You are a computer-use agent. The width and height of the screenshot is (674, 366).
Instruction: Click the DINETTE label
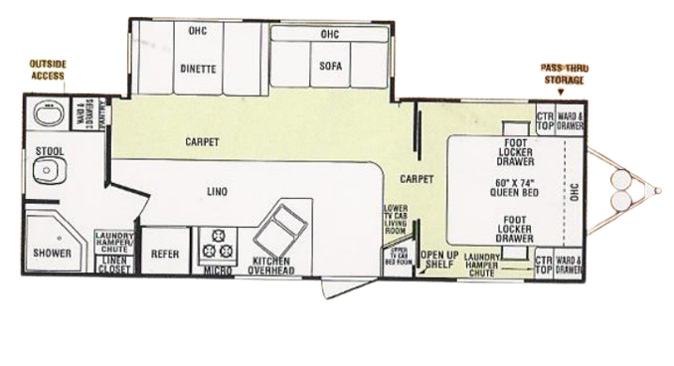pyautogui.click(x=201, y=70)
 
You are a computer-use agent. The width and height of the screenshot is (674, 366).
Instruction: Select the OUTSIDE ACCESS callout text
pyautogui.click(x=48, y=70)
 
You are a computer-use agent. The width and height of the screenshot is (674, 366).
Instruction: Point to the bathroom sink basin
pyautogui.click(x=48, y=114)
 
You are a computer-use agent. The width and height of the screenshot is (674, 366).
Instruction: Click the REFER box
pyautogui.click(x=164, y=254)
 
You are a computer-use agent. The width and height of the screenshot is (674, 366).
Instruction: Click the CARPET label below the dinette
pyautogui.click(x=202, y=142)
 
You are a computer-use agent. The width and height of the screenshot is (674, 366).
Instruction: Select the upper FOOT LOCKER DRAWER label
pyautogui.click(x=515, y=152)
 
